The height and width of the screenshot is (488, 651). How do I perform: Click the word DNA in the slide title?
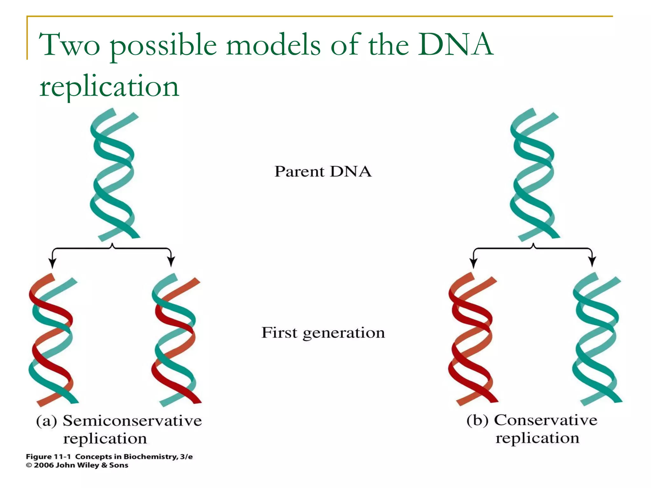coord(455,45)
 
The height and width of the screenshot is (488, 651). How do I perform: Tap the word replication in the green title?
coord(109,86)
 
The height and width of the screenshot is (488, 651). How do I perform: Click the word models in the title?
coord(273,45)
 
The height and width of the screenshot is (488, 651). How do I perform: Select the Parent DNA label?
coord(323,172)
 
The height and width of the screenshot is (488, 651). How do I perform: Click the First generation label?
coord(323,333)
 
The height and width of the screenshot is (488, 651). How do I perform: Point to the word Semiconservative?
coord(132,421)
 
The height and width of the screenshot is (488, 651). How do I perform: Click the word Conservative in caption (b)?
coord(545,420)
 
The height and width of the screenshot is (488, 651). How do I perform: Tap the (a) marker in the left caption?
coord(46,421)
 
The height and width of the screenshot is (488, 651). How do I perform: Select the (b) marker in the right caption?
coord(477,420)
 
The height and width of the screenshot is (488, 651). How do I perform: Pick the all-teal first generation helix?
coord(597,339)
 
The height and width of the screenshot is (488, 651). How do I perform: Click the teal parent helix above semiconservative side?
coord(114,175)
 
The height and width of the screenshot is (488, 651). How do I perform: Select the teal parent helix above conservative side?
coord(534,175)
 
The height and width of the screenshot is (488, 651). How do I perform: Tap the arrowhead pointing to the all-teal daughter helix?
coord(592,262)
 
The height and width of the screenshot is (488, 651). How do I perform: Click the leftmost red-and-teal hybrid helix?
coord(52,340)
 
